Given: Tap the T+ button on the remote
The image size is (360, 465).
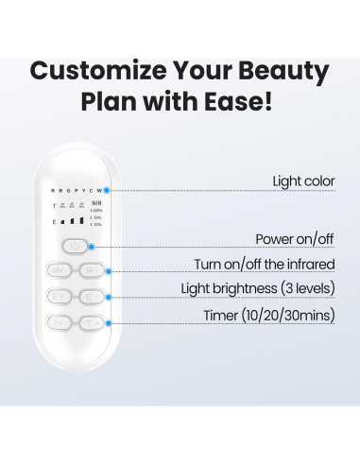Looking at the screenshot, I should point(58,322).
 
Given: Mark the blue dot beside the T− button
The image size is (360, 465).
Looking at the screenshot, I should point(110,322).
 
